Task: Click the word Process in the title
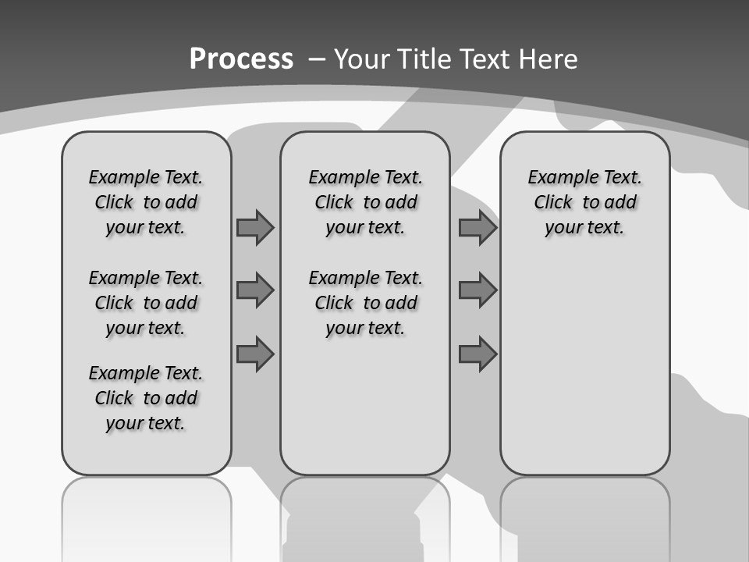[241, 59]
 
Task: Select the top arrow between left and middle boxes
[255, 227]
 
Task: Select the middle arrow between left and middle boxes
[255, 290]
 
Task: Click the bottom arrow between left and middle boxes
[255, 354]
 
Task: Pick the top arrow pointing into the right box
[477, 227]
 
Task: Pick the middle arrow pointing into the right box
[477, 290]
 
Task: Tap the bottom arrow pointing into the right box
[477, 354]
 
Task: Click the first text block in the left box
[146, 202]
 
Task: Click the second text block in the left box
[146, 303]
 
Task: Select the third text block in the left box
[146, 398]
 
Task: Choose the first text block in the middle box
[365, 202]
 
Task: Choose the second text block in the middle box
[365, 303]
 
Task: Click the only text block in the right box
[585, 202]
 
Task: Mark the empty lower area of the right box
[585, 367]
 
